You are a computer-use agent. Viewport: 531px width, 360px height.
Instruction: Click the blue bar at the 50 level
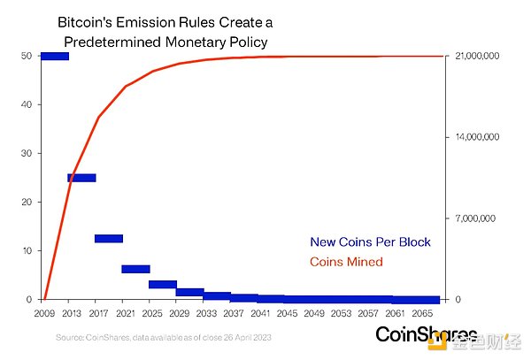pyautogui.click(x=54, y=57)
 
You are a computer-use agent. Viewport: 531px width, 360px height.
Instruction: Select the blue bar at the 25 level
pyautogui.click(x=81, y=178)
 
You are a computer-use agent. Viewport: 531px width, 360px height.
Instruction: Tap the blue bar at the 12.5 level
pyautogui.click(x=109, y=239)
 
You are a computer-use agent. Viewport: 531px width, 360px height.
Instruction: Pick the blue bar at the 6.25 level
pyautogui.click(x=136, y=269)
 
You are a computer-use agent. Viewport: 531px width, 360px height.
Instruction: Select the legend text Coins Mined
pyautogui.click(x=346, y=262)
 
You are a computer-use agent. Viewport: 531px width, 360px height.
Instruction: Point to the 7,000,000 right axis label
pyautogui.click(x=477, y=218)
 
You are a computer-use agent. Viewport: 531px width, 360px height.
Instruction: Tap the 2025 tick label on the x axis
pyautogui.click(x=152, y=313)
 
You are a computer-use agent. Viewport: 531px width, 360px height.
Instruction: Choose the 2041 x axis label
pyautogui.click(x=261, y=313)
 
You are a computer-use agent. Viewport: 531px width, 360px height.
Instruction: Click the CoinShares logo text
pyautogui.click(x=427, y=334)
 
